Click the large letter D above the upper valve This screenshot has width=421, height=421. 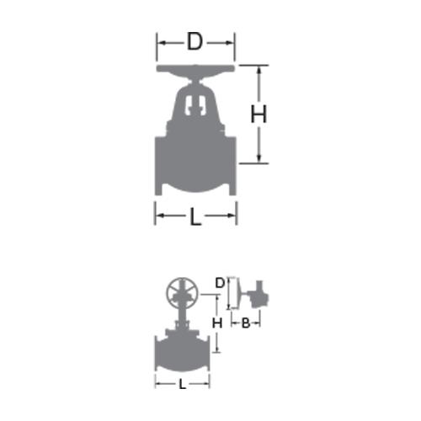[x=195, y=41]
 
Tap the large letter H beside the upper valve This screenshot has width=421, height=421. [x=258, y=114]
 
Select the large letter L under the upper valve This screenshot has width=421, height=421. [x=195, y=216]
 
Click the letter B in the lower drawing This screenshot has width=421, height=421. [x=246, y=323]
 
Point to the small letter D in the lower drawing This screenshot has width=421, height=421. [x=220, y=283]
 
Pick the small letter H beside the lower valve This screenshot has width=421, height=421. [x=217, y=323]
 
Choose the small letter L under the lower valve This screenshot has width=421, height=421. [x=183, y=384]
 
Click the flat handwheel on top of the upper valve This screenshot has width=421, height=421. [x=195, y=69]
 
